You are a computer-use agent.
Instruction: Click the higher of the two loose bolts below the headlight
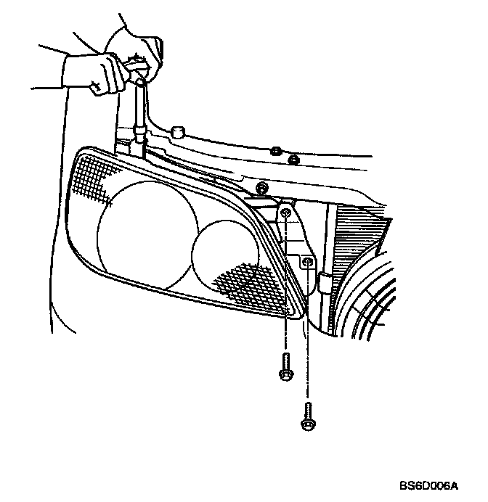coord(284,367)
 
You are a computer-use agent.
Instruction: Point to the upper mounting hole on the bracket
coord(287,213)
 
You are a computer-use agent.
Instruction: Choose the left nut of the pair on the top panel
coord(275,152)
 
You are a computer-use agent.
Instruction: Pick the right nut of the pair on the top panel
coord(293,159)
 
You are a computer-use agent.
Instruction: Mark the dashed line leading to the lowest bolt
coord(308,341)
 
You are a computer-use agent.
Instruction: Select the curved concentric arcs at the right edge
coord(378,305)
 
